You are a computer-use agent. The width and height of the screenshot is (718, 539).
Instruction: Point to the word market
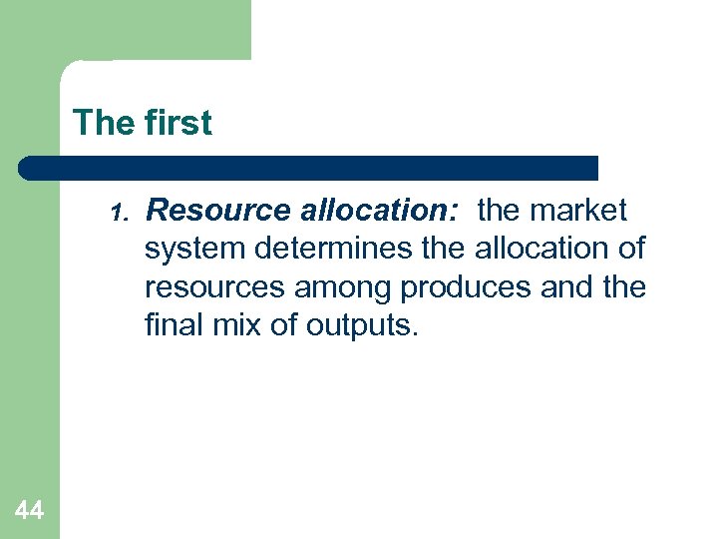tap(579, 212)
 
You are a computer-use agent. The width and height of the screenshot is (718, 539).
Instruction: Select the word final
tap(173, 324)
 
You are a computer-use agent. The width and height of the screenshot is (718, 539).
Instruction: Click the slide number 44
tap(30, 511)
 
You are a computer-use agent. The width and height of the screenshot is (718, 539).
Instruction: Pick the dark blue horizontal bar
tap(309, 168)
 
